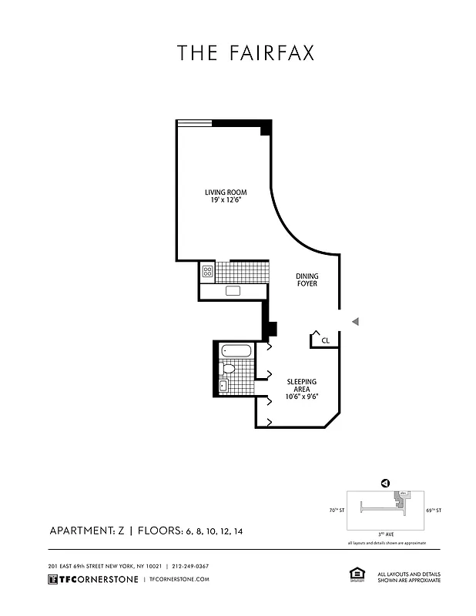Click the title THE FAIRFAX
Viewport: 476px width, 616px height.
(246, 53)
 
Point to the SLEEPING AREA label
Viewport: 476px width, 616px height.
(302, 385)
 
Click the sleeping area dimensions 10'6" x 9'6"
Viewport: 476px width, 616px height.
(302, 397)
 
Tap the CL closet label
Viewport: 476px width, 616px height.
(325, 340)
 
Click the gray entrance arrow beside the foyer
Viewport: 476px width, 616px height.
(355, 321)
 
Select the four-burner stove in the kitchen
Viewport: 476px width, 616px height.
(207, 271)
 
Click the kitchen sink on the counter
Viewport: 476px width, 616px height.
(233, 291)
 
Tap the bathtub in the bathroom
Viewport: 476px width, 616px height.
(236, 351)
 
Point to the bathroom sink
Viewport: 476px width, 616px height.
(223, 386)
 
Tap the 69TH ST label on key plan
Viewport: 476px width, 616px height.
(434, 510)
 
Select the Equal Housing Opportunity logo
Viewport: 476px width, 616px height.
(357, 574)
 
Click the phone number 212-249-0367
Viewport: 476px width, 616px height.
(190, 566)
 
